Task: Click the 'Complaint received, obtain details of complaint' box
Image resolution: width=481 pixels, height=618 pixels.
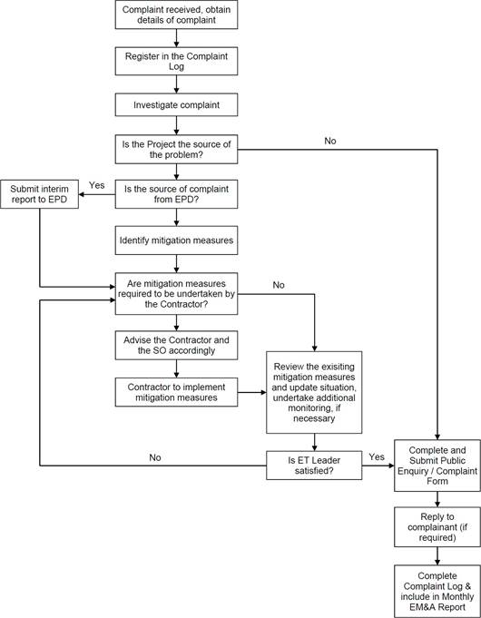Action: [x=176, y=15]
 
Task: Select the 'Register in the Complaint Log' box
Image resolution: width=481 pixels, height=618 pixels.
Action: [x=176, y=61]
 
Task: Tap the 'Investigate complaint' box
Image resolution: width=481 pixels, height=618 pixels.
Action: [x=176, y=105]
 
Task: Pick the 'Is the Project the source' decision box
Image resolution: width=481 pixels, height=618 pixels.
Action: [x=176, y=150]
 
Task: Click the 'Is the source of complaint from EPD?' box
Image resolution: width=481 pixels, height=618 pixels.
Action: [x=176, y=194]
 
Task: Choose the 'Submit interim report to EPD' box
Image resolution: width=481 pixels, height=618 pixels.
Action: [x=39, y=194]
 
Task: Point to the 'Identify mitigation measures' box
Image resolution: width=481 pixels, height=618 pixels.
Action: [x=176, y=240]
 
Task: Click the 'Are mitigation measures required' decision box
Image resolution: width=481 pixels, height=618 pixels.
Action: [x=176, y=294]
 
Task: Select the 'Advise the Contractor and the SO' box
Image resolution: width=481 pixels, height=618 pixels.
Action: [x=176, y=345]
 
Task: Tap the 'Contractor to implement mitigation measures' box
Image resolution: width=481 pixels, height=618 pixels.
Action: [x=176, y=392]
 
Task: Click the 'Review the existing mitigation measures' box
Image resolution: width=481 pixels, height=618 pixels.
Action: [x=314, y=393]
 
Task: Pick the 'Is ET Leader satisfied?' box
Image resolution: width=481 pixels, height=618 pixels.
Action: [x=314, y=466]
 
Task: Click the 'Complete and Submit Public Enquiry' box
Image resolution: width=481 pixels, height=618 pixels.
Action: [x=437, y=466]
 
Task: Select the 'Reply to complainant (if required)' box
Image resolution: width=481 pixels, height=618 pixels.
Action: [x=437, y=527]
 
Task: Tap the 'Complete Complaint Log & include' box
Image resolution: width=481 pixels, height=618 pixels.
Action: [x=437, y=592]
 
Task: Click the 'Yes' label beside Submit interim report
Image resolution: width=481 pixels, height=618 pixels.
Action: [x=96, y=185]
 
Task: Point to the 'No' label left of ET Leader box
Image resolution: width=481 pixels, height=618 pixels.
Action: [x=155, y=457]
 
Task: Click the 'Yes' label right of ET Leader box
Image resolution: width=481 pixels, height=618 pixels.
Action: [x=377, y=456]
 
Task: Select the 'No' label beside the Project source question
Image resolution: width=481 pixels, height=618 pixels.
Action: [x=330, y=141]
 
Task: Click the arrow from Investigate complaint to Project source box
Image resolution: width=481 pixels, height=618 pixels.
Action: [x=176, y=126]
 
